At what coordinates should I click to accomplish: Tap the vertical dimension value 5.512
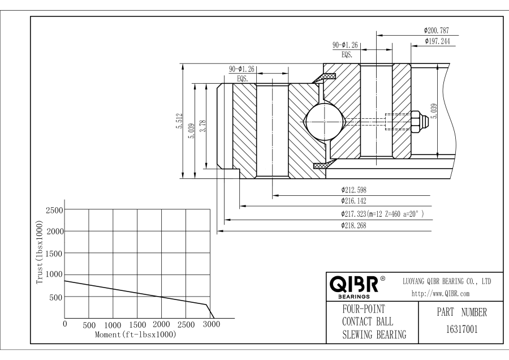tap(179, 121)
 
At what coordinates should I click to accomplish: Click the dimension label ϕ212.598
tap(357, 190)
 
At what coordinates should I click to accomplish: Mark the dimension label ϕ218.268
tap(357, 225)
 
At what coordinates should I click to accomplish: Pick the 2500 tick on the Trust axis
tap(54, 210)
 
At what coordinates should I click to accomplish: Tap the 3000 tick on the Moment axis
tap(210, 325)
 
